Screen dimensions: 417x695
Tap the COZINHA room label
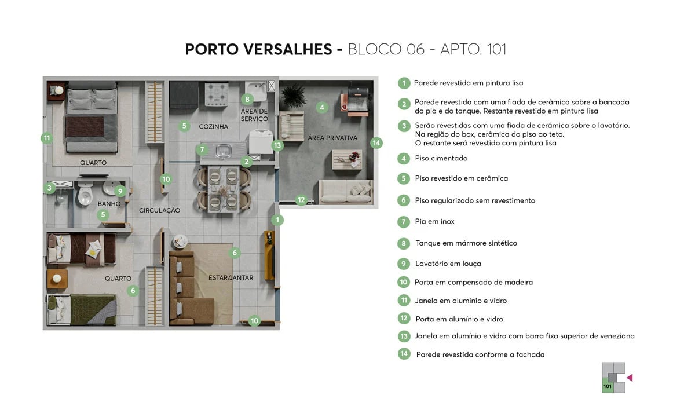213,126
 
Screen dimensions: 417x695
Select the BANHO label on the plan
109,204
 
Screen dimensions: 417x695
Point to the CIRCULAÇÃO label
159,210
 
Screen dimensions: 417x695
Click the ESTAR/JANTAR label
231,278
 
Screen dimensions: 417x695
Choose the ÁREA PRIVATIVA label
333,138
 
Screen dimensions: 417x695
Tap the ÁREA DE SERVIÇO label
254,115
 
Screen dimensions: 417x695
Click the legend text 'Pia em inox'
434,221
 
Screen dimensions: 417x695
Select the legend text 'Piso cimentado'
441,158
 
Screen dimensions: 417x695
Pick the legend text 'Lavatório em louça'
448,264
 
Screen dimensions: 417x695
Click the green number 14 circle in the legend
404,353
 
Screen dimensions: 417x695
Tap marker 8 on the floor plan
247,99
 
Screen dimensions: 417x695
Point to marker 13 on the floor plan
277,145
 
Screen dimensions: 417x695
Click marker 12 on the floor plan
301,200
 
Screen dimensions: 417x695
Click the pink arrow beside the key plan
630,378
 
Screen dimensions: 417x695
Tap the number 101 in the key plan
608,386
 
